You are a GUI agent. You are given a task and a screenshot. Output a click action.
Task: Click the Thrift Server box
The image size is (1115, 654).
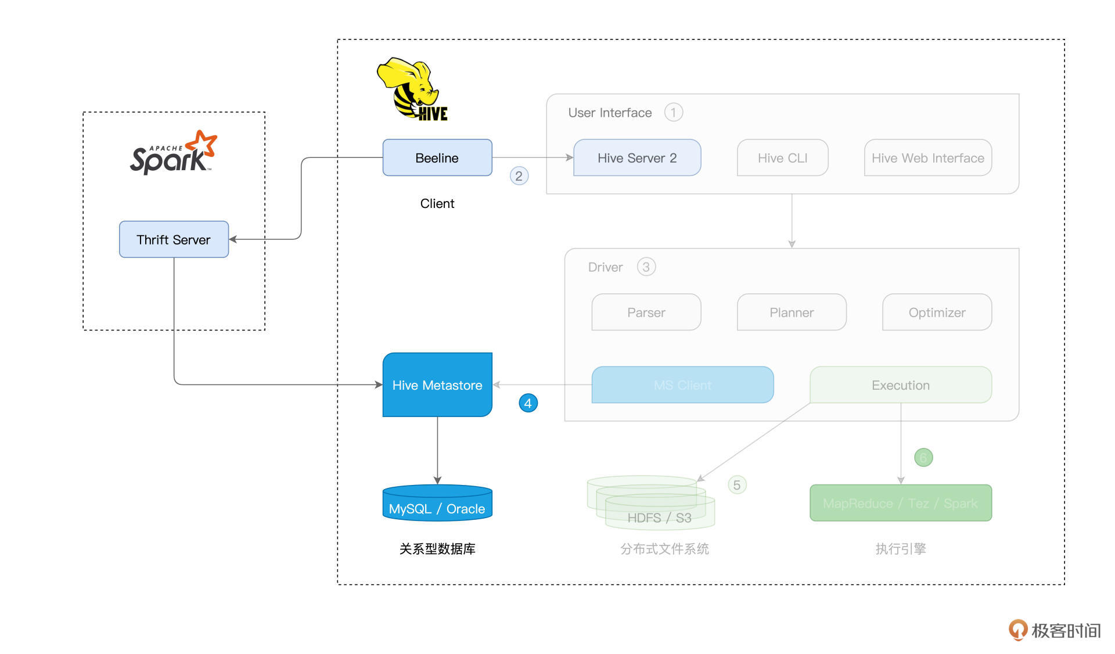coord(174,239)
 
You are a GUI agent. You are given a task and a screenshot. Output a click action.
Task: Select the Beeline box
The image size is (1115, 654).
coord(437,157)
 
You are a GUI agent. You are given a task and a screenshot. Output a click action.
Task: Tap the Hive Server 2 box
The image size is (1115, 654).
coord(637,157)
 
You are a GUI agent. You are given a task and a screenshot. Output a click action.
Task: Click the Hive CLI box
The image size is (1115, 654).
coord(782,157)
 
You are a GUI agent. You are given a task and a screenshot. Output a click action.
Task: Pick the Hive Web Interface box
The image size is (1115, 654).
coord(927,157)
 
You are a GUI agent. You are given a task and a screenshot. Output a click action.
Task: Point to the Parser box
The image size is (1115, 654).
coord(646,312)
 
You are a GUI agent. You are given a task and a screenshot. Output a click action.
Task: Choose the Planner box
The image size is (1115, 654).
coord(792,312)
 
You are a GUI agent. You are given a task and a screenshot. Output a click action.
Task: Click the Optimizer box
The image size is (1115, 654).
coord(937,312)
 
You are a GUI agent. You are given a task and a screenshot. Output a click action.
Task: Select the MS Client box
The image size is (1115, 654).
coord(682,385)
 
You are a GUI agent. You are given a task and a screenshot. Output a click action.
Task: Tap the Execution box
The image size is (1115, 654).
coord(900,385)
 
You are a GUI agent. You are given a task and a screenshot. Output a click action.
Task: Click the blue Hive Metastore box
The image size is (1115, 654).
coord(437,385)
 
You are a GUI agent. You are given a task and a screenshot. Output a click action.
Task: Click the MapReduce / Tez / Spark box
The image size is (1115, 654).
coord(900,503)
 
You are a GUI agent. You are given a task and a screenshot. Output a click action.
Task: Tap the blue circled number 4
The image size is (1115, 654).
coord(528,403)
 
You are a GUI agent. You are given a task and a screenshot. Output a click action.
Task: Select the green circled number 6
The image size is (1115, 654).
coord(923,458)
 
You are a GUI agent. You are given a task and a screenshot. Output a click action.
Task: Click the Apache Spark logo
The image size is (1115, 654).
coord(173,153)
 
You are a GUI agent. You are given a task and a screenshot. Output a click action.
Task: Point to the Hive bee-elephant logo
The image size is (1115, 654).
coord(412,89)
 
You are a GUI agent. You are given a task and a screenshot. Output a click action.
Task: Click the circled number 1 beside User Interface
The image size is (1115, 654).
coord(673,112)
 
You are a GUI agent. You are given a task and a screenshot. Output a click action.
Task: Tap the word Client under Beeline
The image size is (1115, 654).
coord(437,203)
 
